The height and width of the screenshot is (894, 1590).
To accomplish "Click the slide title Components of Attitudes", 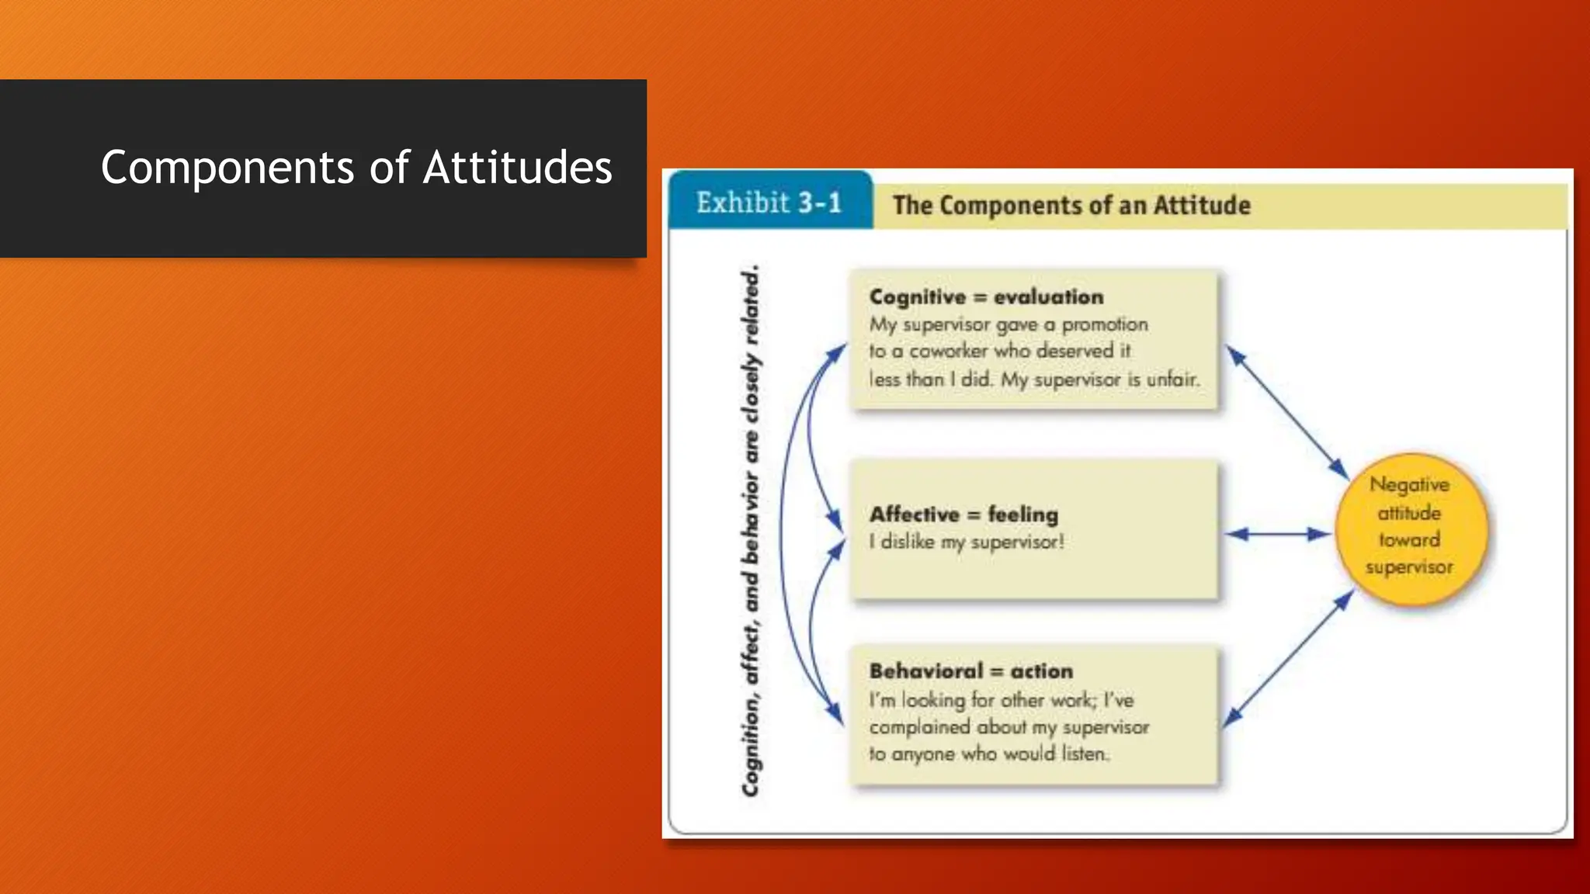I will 356,168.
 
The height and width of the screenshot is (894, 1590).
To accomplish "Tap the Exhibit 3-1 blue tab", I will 769,203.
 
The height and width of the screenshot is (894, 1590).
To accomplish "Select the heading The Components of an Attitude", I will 1071,206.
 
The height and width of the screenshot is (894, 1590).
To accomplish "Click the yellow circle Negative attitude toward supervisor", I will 1411,528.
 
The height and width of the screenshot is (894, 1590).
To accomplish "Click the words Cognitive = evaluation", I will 986,297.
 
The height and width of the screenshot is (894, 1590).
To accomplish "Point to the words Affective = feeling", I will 963,515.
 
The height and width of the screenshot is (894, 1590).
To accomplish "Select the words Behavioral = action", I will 970,671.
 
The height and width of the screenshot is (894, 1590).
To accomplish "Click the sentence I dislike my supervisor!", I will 967,542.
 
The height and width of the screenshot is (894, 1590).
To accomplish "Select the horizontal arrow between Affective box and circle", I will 1278,534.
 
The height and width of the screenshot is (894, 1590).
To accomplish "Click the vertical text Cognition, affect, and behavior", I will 751,531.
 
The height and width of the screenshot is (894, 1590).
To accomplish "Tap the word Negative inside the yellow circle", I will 1409,485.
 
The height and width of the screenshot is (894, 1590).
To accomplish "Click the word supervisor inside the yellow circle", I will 1409,567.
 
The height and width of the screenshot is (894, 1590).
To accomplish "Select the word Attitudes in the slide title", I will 517,168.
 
